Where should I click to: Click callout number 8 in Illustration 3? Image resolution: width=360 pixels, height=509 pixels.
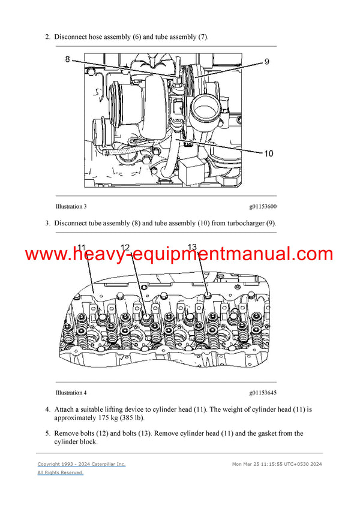(x=67, y=59)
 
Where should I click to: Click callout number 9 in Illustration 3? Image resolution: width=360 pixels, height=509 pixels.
(x=266, y=61)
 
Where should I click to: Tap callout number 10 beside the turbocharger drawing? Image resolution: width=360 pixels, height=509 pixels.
(x=268, y=153)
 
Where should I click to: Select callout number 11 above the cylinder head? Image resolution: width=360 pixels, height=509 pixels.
(x=82, y=247)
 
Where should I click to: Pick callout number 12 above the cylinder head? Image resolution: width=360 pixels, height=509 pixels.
(x=125, y=247)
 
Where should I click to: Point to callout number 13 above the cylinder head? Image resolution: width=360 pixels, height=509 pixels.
(x=193, y=247)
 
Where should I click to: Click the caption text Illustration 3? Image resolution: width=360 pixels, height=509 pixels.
(x=71, y=207)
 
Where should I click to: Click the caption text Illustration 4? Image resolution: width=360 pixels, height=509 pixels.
(x=71, y=393)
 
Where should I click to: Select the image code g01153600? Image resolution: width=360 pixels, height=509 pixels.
(x=263, y=207)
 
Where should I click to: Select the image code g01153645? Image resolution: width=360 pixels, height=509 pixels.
(x=263, y=393)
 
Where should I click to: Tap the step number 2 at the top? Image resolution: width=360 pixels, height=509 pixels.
(x=47, y=37)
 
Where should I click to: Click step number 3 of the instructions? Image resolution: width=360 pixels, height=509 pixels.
(x=47, y=224)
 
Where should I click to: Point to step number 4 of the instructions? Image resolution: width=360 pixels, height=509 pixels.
(x=47, y=409)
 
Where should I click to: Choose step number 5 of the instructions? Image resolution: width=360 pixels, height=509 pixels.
(x=47, y=433)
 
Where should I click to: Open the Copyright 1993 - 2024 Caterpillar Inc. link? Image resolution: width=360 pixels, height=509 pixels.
(x=82, y=464)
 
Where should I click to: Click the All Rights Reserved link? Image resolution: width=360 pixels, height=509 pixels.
(x=61, y=472)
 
